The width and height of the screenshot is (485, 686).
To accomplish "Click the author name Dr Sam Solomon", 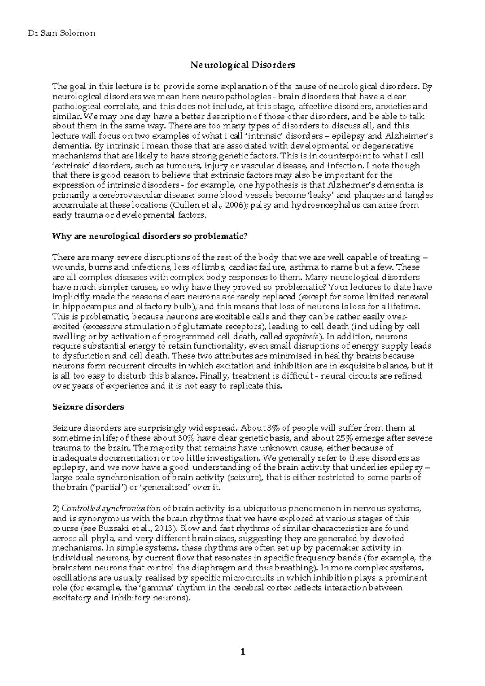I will click(x=61, y=34).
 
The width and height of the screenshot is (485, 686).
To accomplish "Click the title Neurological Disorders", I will click(x=242, y=65).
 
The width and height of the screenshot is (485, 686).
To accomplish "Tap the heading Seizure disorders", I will click(x=88, y=407).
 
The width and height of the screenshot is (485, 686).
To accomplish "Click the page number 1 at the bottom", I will click(x=242, y=651).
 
